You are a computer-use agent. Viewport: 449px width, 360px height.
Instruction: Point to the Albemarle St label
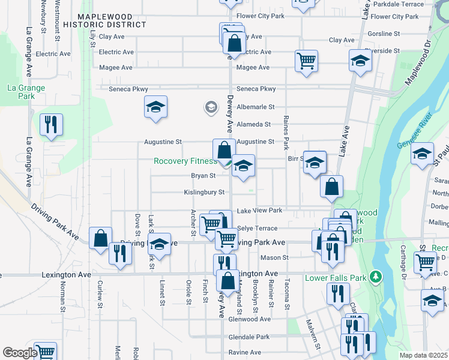[x=255, y=107]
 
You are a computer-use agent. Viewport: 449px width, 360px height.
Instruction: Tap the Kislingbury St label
[x=204, y=193]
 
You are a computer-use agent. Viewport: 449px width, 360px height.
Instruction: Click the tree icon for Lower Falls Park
[x=376, y=277]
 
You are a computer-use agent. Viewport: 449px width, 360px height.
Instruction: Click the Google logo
[x=19, y=353]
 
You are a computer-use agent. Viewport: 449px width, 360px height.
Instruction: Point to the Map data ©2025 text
[x=423, y=355]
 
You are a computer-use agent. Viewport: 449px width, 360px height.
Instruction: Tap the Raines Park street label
[x=286, y=133]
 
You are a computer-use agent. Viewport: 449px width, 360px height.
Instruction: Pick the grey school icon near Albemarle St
[x=211, y=107]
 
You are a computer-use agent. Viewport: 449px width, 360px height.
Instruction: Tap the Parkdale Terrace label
[x=399, y=4]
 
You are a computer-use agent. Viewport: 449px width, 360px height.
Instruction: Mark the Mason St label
[x=274, y=257]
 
